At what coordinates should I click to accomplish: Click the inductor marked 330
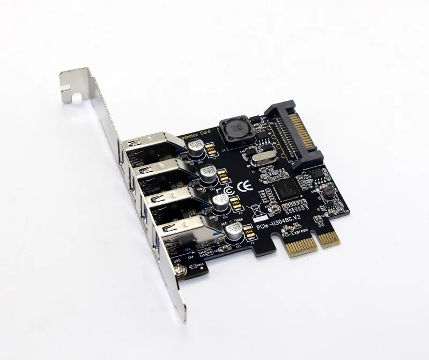point(233,130)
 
